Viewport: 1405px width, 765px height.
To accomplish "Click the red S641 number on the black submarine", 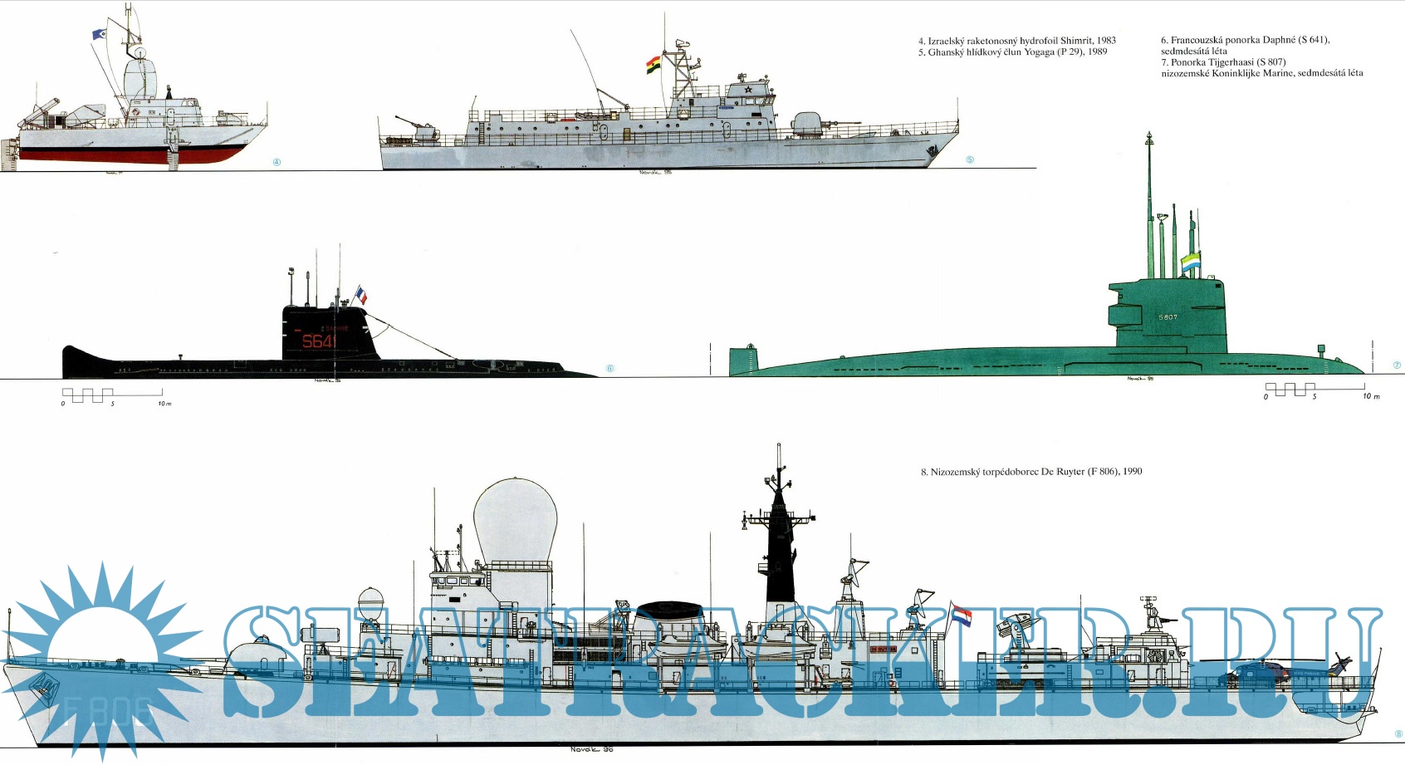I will click(319, 341).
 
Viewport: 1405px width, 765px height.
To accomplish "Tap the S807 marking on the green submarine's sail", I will click(1168, 317).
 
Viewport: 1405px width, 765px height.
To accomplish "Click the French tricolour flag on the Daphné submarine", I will click(361, 295).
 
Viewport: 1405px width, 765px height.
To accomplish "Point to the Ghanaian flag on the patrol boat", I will click(654, 65).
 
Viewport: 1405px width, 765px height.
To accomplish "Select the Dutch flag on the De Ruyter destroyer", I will click(962, 615).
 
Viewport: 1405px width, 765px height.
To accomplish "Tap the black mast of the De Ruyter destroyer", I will click(780, 548).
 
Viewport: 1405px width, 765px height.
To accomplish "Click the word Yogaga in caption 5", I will click(1037, 51).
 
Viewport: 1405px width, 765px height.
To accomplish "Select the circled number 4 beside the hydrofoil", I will click(277, 162).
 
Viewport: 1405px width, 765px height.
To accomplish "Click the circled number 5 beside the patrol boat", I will click(970, 159).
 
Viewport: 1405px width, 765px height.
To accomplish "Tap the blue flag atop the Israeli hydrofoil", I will click(99, 35).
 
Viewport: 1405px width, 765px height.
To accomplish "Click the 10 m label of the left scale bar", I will click(164, 404).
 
